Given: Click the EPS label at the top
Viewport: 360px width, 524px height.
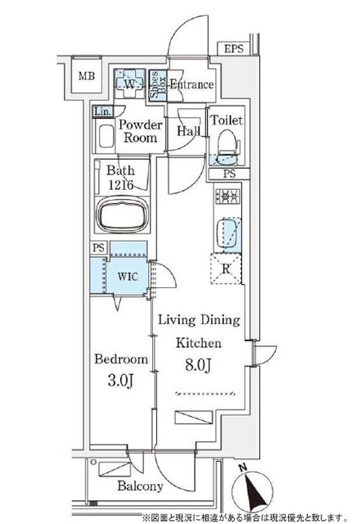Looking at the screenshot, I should click(x=236, y=50).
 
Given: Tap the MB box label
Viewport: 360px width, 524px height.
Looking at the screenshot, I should click(x=87, y=78).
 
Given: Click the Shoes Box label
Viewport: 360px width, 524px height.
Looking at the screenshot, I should click(x=155, y=84).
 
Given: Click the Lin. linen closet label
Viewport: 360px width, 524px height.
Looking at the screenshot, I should click(x=102, y=111).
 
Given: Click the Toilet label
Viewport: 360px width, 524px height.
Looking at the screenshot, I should click(x=226, y=120).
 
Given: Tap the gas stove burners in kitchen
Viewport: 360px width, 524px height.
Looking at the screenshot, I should click(x=226, y=196).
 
